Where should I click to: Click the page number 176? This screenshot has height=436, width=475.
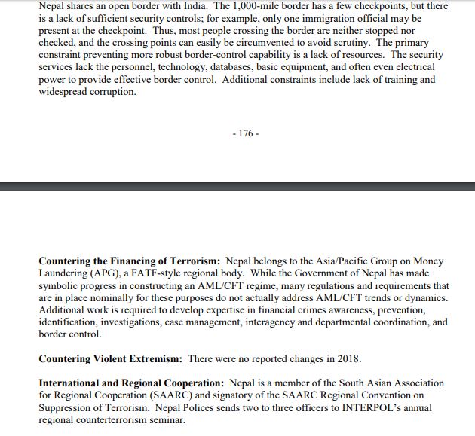point(246,133)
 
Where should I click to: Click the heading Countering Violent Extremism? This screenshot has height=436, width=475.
point(110,359)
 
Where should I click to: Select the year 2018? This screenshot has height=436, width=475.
point(348,359)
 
